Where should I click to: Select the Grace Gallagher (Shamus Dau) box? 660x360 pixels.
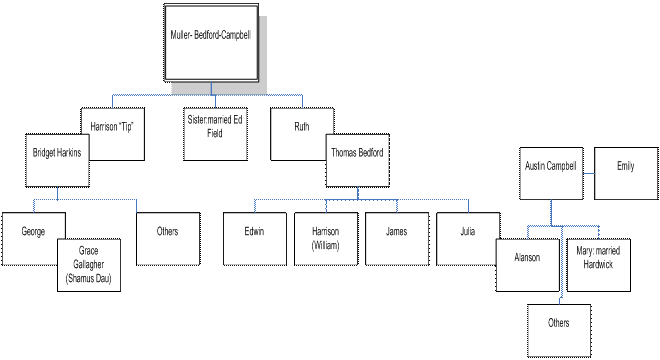pos(89,265)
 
